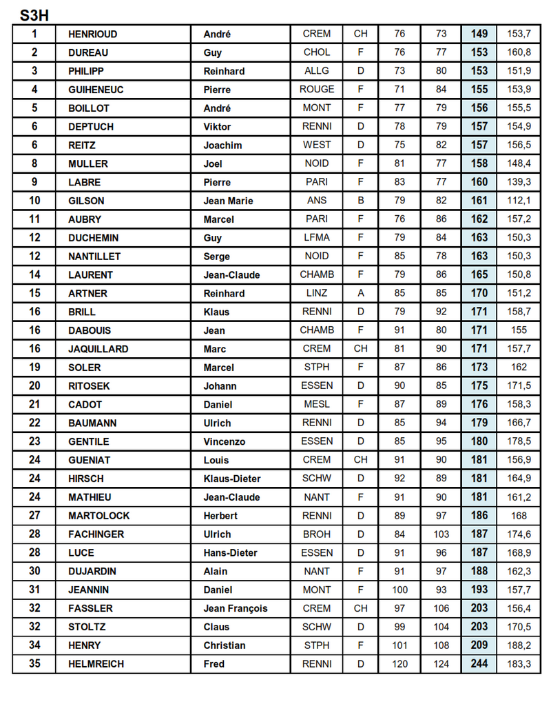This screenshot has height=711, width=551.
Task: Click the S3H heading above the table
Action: click(x=34, y=14)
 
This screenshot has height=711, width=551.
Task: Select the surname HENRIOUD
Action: click(x=93, y=34)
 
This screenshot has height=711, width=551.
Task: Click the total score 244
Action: click(x=479, y=664)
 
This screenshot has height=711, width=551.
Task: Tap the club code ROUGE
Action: click(x=317, y=90)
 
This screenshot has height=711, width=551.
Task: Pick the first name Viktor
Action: click(x=217, y=127)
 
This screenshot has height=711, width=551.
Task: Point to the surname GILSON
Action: click(x=86, y=201)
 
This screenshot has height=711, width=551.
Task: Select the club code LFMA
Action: click(x=317, y=238)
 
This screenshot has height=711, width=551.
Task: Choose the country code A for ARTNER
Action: click(x=360, y=293)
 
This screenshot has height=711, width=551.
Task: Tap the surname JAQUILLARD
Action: click(x=98, y=349)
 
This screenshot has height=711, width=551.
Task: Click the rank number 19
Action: click(x=34, y=368)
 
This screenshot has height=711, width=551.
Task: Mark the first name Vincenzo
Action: click(x=225, y=442)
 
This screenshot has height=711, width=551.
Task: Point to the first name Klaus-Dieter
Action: click(x=231, y=479)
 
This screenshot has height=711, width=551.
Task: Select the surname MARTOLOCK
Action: click(x=98, y=516)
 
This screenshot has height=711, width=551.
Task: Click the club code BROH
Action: click(x=317, y=534)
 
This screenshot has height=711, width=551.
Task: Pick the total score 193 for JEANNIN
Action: click(x=479, y=590)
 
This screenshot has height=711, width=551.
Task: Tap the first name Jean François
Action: click(x=236, y=609)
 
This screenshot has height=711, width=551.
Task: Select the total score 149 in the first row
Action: click(x=479, y=34)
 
